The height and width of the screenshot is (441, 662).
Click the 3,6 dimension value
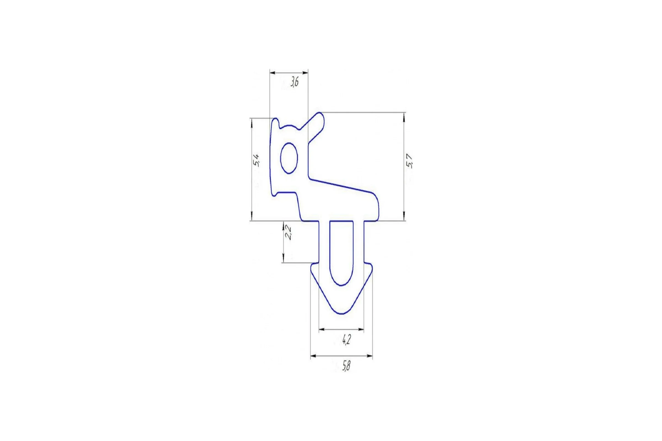[x=294, y=82]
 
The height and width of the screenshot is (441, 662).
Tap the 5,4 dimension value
[x=256, y=160]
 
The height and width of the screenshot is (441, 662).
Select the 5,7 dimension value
[x=410, y=161]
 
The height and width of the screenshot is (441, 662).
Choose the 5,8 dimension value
[x=346, y=366]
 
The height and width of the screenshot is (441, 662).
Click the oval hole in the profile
[x=289, y=158]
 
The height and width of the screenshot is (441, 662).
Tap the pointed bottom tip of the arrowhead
[x=341, y=313]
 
